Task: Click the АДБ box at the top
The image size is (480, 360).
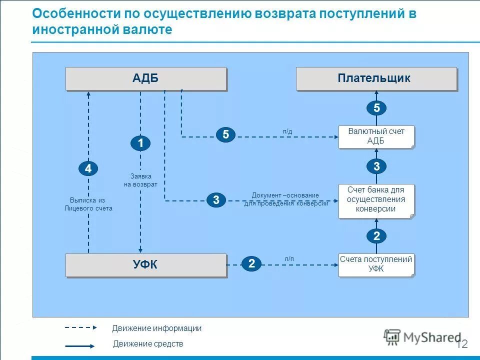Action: click(x=146, y=78)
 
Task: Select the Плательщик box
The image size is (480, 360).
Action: click(x=376, y=78)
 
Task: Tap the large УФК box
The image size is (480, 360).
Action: click(x=146, y=265)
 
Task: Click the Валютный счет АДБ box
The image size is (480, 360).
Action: click(x=376, y=136)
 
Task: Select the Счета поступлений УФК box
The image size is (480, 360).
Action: click(x=376, y=264)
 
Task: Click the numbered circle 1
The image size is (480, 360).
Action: click(x=140, y=143)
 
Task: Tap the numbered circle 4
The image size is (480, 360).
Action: click(x=88, y=169)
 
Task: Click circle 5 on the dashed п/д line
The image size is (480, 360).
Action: click(x=225, y=134)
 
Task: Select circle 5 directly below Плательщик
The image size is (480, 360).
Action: click(x=376, y=108)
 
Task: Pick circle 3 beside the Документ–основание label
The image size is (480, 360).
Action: click(x=216, y=200)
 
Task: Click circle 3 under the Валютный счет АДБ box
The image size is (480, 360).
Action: click(x=376, y=166)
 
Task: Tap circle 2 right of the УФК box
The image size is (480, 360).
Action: click(x=251, y=264)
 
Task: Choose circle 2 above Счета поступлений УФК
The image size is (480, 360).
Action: click(x=376, y=236)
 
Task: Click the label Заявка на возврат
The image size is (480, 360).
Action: click(x=140, y=180)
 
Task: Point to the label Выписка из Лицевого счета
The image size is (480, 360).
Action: click(x=88, y=204)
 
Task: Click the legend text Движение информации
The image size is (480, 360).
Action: click(x=156, y=328)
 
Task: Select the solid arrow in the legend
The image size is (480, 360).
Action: click(x=79, y=345)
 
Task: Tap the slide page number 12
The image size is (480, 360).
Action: click(x=461, y=344)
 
